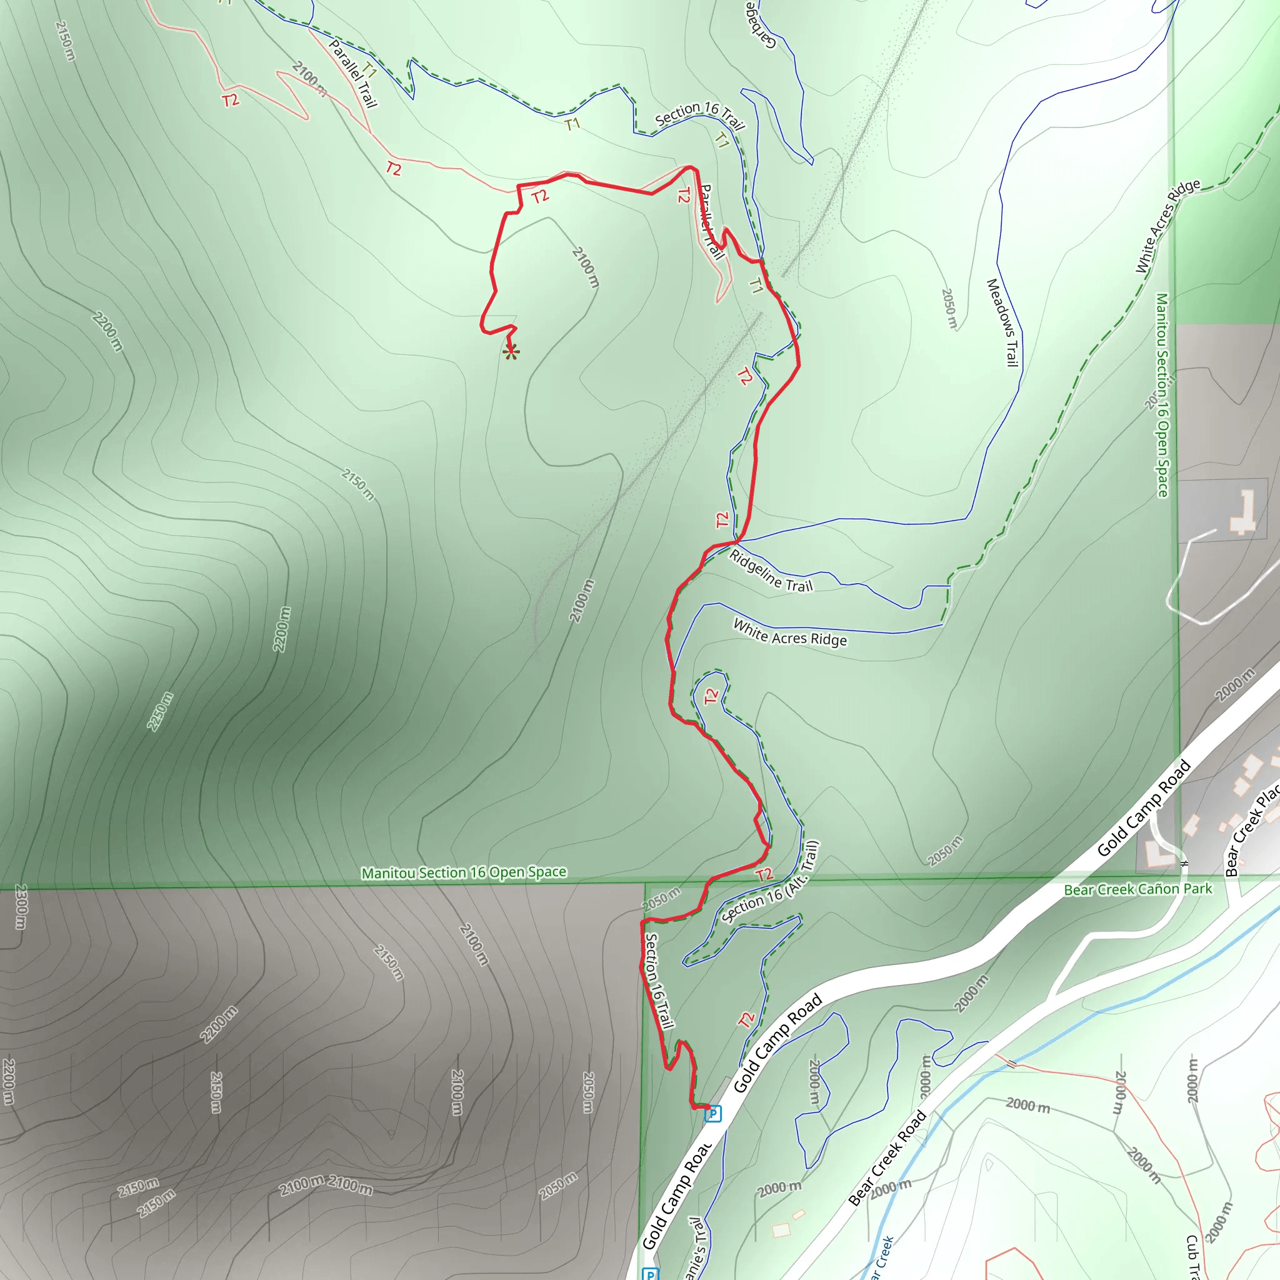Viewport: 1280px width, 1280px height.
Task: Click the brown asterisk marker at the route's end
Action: click(x=511, y=352)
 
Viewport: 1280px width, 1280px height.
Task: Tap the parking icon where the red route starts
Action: click(x=712, y=1114)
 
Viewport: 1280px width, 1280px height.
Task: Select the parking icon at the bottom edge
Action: click(x=651, y=1273)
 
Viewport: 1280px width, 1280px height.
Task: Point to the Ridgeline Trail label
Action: click(x=771, y=571)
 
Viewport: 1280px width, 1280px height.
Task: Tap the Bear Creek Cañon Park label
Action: click(x=1137, y=889)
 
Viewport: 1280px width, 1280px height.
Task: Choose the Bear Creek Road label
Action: click(x=887, y=1157)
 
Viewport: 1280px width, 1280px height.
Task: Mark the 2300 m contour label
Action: click(x=21, y=906)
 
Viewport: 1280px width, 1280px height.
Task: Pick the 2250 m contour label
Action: click(x=161, y=711)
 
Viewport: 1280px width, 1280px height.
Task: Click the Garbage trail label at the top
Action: click(x=759, y=25)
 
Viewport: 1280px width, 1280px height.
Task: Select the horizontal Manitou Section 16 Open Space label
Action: click(x=464, y=872)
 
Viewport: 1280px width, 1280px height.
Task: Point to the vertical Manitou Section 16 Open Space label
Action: click(x=1162, y=395)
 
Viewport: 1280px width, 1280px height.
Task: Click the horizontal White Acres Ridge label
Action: click(x=790, y=632)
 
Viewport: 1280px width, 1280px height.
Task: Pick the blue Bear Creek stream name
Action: click(x=882, y=1259)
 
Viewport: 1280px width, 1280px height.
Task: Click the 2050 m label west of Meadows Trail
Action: click(x=949, y=308)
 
